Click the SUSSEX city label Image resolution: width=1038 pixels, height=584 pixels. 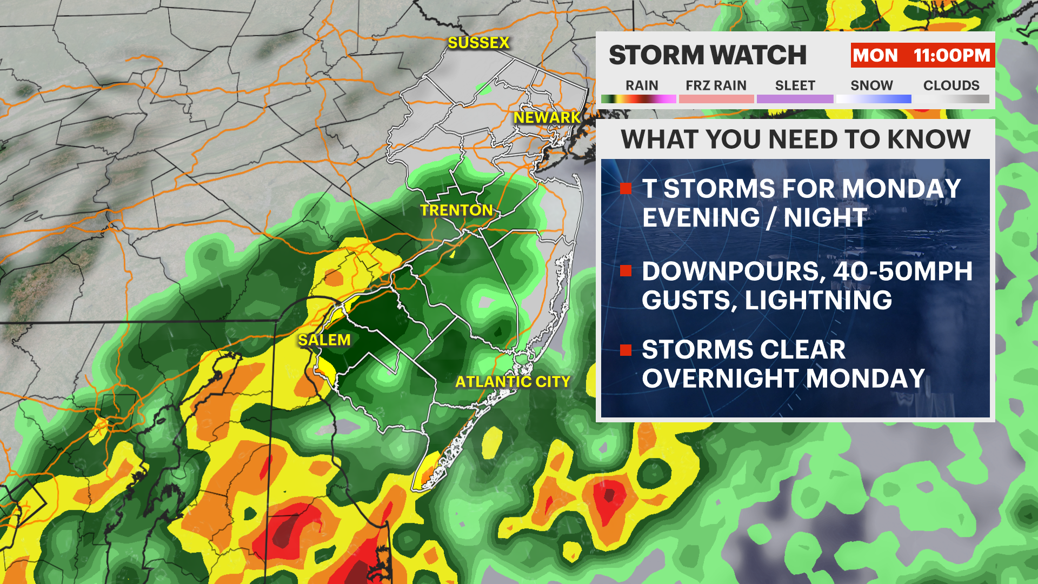pos(478,43)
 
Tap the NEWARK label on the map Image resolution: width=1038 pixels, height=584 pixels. pos(547,117)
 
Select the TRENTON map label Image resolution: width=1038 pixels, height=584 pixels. pos(456,210)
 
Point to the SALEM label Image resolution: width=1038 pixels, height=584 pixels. pos(324,340)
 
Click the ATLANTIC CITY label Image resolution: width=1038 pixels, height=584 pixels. pos(513,382)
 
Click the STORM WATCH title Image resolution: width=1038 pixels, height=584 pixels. pos(708,55)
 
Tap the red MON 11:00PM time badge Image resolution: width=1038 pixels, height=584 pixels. pos(922,55)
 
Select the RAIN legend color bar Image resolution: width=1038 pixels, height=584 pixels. pos(638,99)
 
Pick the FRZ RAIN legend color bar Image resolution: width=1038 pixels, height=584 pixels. pos(716,99)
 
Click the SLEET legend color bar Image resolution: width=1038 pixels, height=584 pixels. pos(795,99)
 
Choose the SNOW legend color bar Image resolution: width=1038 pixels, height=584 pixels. pos(873,99)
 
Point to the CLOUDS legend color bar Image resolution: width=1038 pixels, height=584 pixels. pos(951,99)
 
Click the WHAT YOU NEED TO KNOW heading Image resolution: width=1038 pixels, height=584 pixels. pos(795,140)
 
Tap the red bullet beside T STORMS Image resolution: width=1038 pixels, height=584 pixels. pos(626,189)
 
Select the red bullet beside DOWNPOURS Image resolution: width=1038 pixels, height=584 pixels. pos(626,271)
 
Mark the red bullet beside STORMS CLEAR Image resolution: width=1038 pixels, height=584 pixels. pos(626,350)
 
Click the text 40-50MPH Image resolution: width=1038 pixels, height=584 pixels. pos(902,271)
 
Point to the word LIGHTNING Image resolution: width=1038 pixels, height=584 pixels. pos(818,301)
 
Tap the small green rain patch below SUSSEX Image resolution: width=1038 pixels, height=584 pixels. pos(483,87)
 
